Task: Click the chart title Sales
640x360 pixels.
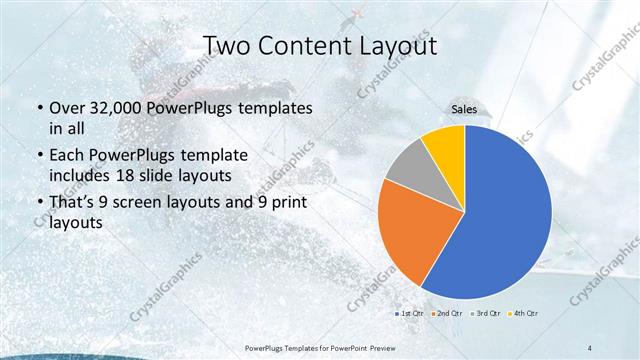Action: tap(465, 110)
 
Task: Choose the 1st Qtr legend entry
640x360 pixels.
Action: tap(409, 313)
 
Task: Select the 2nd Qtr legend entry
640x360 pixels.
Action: tap(447, 313)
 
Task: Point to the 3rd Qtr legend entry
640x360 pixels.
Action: tap(485, 313)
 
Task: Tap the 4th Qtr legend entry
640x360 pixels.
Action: tap(523, 313)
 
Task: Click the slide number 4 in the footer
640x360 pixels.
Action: tap(590, 346)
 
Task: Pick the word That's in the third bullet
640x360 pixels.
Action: tap(73, 203)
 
